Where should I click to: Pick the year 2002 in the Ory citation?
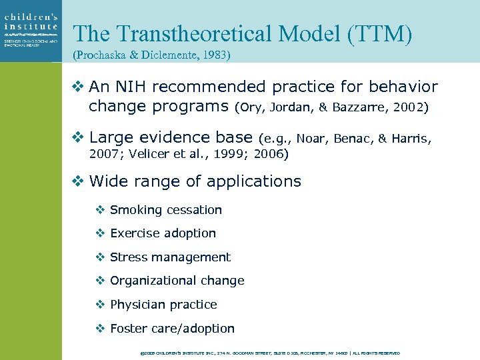[x=397, y=107]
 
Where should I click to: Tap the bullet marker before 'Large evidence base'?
[x=77, y=138]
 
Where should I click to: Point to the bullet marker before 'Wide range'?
[x=77, y=181]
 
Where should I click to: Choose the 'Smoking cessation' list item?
[x=165, y=210]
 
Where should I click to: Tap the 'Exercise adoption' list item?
[x=163, y=233]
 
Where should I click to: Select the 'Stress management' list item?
[x=170, y=257]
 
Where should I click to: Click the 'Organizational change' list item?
[x=177, y=281]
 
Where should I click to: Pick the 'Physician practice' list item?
[x=163, y=305]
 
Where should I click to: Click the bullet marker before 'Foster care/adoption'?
[x=99, y=329]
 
